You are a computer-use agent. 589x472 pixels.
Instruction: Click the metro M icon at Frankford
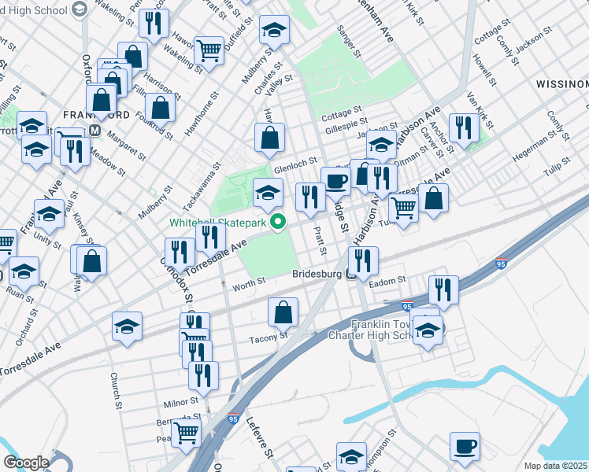pyautogui.click(x=94, y=130)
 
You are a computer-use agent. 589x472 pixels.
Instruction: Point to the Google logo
pyautogui.click(x=26, y=463)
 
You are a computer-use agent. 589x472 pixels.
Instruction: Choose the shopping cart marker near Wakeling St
pyautogui.click(x=209, y=52)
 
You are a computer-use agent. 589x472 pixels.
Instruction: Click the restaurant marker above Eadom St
pyautogui.click(x=363, y=260)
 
